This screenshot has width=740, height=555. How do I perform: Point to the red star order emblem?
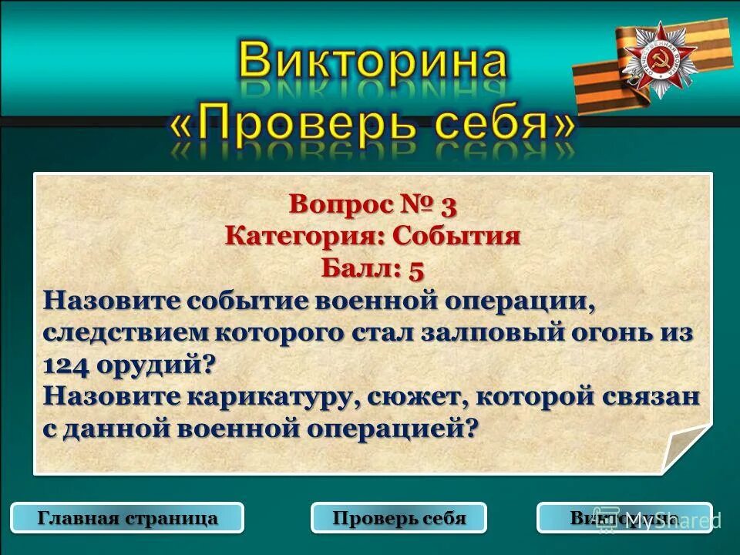(658, 60)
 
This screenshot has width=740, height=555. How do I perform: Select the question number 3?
(449, 206)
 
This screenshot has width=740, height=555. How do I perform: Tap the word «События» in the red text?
(456, 236)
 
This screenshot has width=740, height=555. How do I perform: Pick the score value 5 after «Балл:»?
(416, 268)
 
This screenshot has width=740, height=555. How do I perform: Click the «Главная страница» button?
(128, 518)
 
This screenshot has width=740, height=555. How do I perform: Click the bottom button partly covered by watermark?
(624, 518)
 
